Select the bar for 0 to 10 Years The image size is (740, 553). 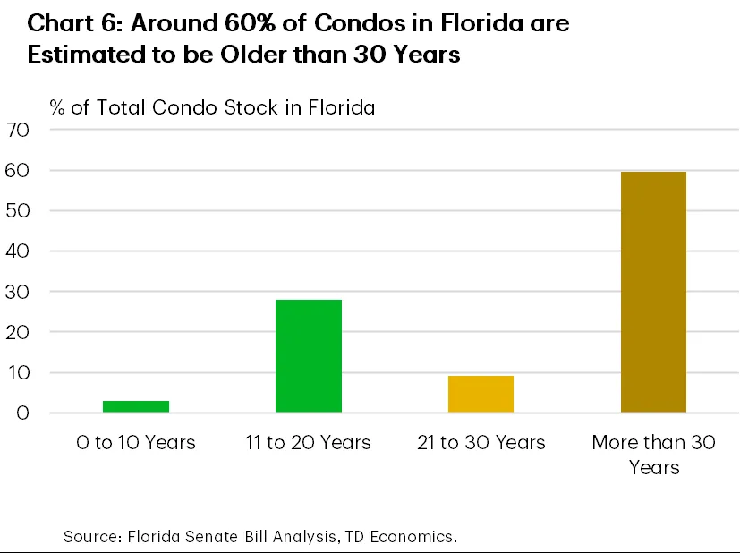point(136,406)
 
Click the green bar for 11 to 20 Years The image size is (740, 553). point(308,356)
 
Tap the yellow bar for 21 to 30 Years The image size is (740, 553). point(481,394)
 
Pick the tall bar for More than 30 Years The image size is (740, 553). point(653,292)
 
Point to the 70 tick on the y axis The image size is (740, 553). point(19,130)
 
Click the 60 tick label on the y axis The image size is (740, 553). point(19,170)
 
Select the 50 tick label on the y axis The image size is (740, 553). point(19,211)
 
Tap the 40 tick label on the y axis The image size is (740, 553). point(19,251)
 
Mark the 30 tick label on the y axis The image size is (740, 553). point(19,292)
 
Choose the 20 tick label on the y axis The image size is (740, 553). point(19,332)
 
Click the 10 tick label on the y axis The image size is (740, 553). point(19,372)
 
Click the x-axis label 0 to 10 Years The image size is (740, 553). point(136,443)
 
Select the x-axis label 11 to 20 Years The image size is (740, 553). point(308,443)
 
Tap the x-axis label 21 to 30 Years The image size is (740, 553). point(481,443)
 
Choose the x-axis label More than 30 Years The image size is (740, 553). point(653,455)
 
